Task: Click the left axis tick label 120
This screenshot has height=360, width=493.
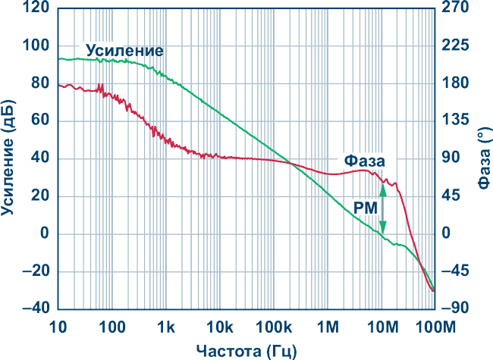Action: (x=34, y=9)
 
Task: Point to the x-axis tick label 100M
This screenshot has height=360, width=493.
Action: (x=434, y=327)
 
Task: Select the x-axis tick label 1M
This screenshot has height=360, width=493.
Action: (x=327, y=327)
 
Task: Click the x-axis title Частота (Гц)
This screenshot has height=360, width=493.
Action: (x=246, y=350)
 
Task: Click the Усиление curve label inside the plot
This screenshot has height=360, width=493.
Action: (x=124, y=51)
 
